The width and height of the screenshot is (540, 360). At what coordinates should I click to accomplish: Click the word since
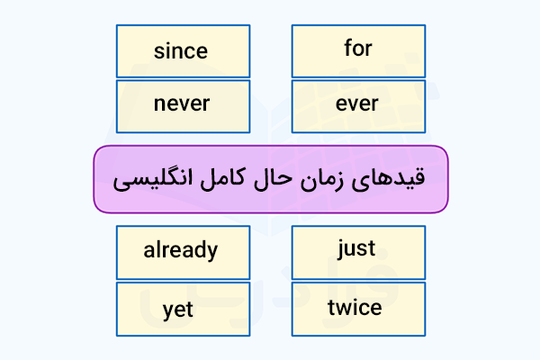[181, 51]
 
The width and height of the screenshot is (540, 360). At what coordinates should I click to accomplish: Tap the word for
[358, 48]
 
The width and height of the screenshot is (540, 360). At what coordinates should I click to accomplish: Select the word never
[182, 103]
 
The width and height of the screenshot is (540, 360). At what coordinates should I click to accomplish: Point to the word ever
[357, 103]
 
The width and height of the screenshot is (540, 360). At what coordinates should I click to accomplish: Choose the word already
[181, 250]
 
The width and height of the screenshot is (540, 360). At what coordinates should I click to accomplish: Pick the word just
[356, 248]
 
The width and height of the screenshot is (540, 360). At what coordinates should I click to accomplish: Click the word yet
[177, 310]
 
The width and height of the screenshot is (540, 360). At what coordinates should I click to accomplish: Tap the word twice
[355, 307]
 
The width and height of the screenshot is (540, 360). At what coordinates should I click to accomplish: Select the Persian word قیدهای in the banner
[388, 179]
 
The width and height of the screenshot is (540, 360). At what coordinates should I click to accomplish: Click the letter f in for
[348, 48]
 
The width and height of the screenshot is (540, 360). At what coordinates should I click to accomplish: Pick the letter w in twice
[345, 309]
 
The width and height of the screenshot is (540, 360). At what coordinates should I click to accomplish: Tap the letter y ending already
[211, 253]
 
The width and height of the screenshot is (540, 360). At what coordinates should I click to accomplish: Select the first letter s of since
[159, 53]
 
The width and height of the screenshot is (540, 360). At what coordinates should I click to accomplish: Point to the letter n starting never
[159, 103]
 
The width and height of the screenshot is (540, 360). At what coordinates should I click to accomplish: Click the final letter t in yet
[189, 309]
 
